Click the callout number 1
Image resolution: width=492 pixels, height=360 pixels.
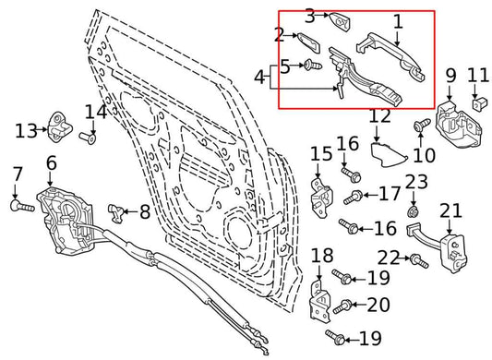point(398,19)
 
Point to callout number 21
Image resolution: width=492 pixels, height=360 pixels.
point(450,212)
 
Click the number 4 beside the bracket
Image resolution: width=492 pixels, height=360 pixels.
point(260,78)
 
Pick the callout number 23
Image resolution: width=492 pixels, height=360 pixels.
point(417,182)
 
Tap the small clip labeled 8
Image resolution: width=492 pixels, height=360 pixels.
point(116,212)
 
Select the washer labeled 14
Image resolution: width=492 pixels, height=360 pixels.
point(90,138)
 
